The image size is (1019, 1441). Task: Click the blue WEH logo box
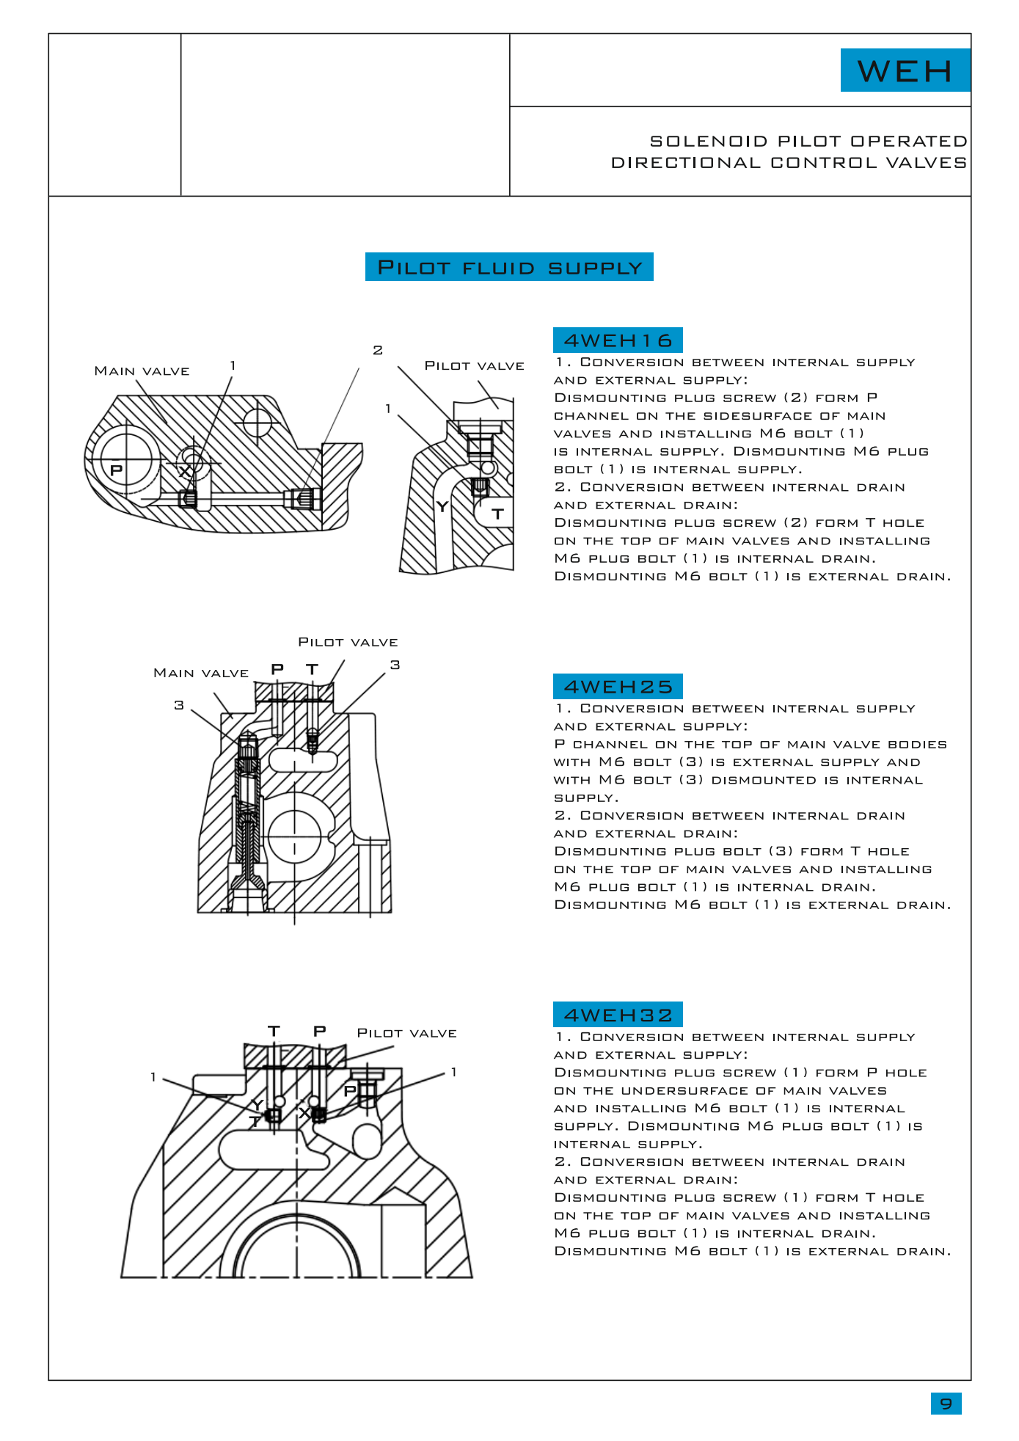905,70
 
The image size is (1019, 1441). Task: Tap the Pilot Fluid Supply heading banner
509,267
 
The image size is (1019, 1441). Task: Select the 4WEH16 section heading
618,340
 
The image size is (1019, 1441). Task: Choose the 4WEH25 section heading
618,687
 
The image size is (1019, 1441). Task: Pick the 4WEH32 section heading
618,1015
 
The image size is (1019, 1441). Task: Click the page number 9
946,1404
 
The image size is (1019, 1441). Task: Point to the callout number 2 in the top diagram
378,350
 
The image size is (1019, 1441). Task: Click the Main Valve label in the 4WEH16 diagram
142,371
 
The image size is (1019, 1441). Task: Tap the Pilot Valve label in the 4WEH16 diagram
474,366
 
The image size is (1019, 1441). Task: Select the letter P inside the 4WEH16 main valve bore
117,470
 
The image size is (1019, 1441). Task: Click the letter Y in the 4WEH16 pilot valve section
442,507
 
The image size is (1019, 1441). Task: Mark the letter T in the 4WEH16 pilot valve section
498,514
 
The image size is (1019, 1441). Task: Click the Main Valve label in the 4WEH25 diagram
200,674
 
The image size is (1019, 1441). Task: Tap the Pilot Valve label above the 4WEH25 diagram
348,643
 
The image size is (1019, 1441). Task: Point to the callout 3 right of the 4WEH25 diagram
395,665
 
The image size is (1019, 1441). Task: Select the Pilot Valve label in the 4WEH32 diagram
406,1033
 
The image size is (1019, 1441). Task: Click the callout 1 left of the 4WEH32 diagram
153,1077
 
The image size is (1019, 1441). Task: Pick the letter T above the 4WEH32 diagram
274,1032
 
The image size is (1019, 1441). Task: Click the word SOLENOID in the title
708,141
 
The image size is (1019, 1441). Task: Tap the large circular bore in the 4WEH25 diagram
295,836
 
